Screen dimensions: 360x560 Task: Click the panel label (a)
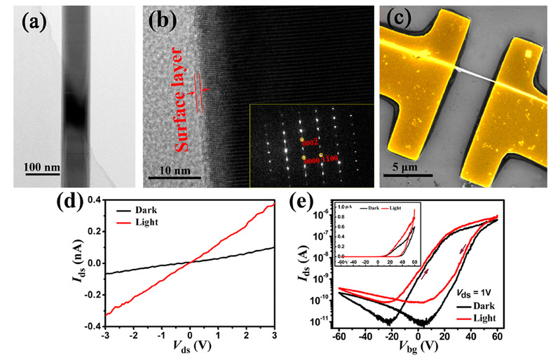[x=36, y=25]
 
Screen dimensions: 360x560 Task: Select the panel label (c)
[x=402, y=25]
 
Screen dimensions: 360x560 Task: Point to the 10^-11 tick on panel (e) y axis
[x=325, y=324]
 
